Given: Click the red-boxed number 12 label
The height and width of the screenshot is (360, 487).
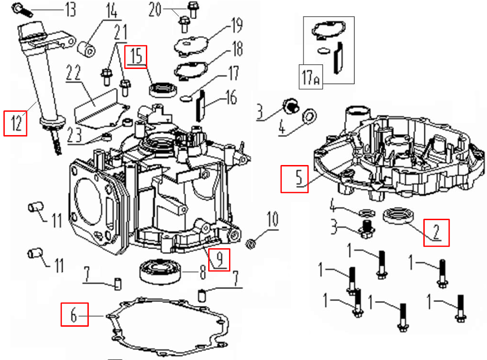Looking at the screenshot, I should pyautogui.click(x=15, y=123).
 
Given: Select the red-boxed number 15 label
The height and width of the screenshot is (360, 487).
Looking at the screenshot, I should pyautogui.click(x=136, y=56).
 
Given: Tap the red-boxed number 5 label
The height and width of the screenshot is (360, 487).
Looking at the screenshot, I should pyautogui.click(x=294, y=178).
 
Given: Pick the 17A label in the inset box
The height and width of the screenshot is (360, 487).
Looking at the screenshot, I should pyautogui.click(x=311, y=76).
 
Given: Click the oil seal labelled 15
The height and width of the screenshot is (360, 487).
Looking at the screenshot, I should pyautogui.click(x=162, y=89).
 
